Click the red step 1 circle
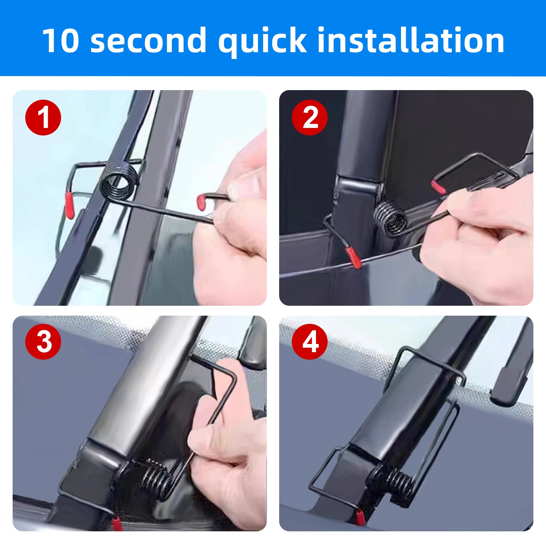[43, 117]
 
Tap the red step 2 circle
[310, 117]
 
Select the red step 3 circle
[43, 341]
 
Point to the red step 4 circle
[310, 341]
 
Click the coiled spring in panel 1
[119, 181]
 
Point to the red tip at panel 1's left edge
[69, 205]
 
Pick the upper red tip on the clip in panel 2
[438, 186]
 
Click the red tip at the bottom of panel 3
[117, 524]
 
